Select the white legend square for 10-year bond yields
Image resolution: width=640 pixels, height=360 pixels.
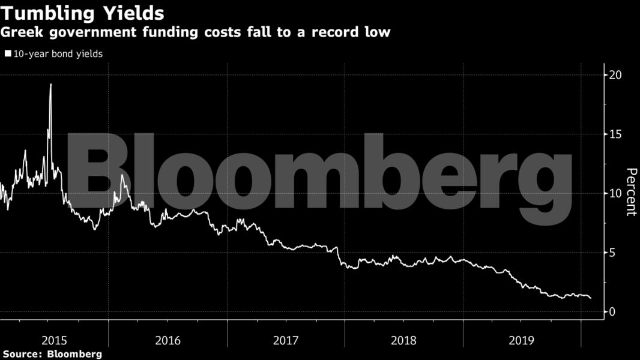pos(8,53)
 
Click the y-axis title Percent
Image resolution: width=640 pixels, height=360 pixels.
pos(631,192)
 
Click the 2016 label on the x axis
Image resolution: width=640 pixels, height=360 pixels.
pos(168,340)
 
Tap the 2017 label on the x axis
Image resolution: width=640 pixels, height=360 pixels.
pos(286,340)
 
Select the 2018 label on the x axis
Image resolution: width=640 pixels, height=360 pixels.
pos(403,340)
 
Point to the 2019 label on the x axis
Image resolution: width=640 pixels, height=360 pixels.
pos(522,340)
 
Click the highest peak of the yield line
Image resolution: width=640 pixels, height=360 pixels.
pos(50,85)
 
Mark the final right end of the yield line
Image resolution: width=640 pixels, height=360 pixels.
pos(591,298)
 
